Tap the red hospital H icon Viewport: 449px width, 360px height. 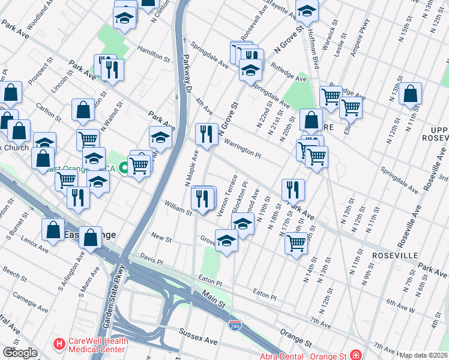(59, 345)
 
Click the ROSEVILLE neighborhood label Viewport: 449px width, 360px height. (394, 255)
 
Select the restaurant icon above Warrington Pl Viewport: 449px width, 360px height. (206, 134)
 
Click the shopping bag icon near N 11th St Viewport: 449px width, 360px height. (410, 94)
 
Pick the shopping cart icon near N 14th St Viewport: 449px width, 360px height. (296, 243)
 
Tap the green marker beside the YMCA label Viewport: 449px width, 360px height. (123, 167)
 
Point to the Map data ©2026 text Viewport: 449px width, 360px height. (423, 355)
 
